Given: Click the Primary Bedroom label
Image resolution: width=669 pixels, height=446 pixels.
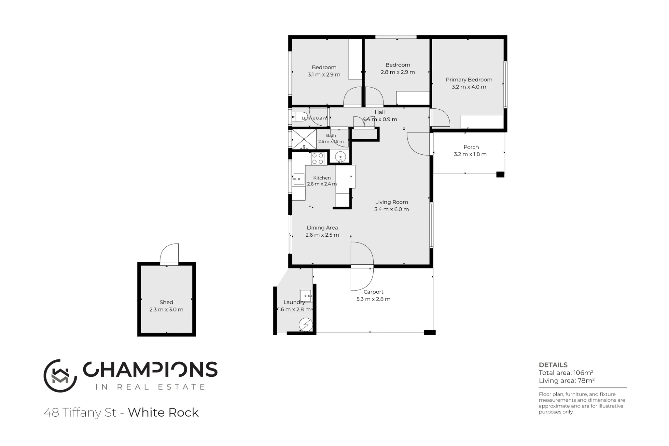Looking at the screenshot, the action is [x=469, y=80].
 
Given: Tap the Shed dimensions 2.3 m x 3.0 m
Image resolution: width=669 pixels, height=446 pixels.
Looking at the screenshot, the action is [x=166, y=310].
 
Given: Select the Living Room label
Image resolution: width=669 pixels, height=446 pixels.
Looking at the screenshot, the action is [x=391, y=202].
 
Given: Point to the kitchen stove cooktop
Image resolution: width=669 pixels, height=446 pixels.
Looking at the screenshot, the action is [x=318, y=158].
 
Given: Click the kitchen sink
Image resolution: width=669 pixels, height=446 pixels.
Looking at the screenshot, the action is [x=298, y=179].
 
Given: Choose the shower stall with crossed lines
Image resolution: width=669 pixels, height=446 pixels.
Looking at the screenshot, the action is [x=304, y=139].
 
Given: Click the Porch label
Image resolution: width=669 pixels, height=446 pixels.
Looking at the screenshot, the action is [x=471, y=147].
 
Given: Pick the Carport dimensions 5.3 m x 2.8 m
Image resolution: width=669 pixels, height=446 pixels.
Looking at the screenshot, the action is [x=373, y=299].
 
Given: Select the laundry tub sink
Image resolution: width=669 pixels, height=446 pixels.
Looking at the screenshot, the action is [x=306, y=296].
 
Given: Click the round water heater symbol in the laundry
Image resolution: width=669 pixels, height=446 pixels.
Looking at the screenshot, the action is [x=305, y=325].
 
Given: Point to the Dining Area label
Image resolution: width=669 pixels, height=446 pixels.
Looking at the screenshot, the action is [x=322, y=228].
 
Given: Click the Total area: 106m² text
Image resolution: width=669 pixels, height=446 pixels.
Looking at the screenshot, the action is [x=566, y=373].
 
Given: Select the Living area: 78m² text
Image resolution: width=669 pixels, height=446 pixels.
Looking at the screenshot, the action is [x=567, y=380].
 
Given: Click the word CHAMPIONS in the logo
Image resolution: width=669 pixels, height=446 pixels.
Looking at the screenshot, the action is [x=150, y=369].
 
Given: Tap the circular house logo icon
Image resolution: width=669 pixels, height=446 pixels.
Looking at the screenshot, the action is [x=60, y=376].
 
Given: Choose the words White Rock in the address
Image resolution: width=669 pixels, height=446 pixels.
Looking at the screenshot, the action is [x=163, y=413].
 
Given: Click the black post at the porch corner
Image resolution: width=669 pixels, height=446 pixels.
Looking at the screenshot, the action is [x=500, y=174].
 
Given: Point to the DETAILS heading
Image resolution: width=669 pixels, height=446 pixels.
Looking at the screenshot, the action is [x=553, y=365].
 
